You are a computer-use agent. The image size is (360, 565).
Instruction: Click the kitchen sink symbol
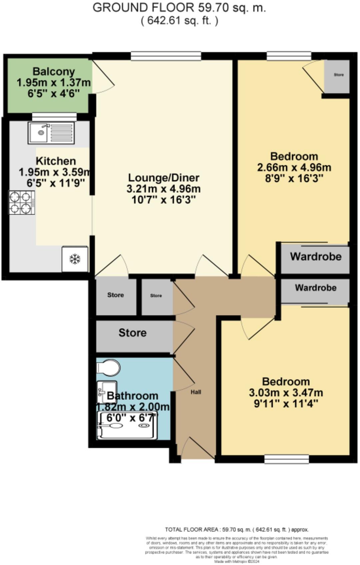point(51,133)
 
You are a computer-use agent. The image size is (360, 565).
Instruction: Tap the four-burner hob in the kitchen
point(22,203)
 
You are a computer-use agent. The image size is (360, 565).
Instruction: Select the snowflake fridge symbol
point(75,259)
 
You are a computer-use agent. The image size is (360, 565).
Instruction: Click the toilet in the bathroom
point(108,368)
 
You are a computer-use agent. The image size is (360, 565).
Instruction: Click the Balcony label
point(53,72)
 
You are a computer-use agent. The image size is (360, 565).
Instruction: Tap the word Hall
point(196,392)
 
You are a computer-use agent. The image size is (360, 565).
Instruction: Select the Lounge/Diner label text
point(164,178)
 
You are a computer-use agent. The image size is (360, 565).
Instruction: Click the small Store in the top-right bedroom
point(338,75)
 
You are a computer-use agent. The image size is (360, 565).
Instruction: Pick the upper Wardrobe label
point(315,257)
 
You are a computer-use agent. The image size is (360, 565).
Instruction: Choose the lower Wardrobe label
point(315,288)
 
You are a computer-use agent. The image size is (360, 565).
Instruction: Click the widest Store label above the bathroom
point(132,333)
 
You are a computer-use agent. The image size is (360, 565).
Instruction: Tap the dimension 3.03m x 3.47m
point(286,393)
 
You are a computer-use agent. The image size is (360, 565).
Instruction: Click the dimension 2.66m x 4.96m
point(294,168)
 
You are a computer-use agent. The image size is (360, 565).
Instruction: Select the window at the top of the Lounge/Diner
point(166,56)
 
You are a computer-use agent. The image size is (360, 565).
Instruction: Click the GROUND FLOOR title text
point(179,7)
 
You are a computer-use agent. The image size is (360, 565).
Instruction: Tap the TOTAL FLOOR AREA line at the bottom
point(237,529)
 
